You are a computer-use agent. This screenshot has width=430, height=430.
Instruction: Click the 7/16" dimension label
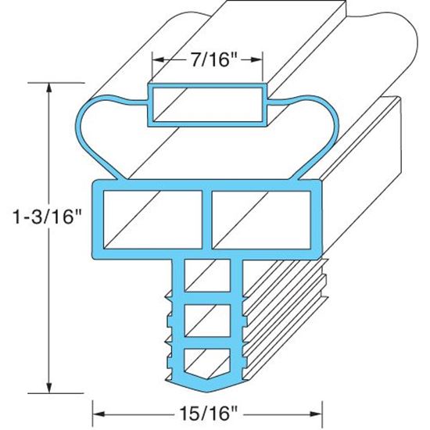coord(208,60)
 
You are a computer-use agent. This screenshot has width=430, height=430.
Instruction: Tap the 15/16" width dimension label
coord(208,409)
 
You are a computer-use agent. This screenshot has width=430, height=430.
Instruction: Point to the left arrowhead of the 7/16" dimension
coord(157,60)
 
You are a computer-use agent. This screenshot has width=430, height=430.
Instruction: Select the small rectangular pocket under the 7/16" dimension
coord(208,104)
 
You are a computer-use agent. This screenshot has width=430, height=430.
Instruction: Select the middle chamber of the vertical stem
coord(209,321)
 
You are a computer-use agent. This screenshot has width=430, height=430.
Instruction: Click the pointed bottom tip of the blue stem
coord(209,391)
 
